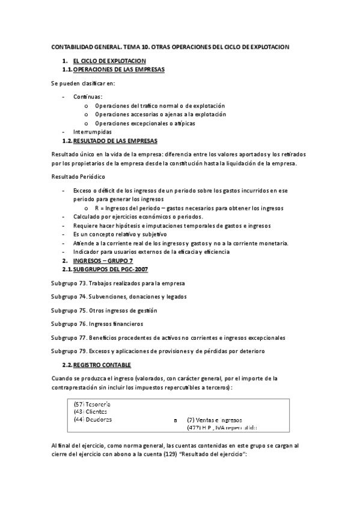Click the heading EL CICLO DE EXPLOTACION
(x=109, y=61)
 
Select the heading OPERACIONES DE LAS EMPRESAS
(x=118, y=69)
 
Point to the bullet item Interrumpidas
(x=92, y=131)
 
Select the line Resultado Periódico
(x=78, y=177)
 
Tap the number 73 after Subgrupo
(x=82, y=283)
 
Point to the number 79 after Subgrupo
(x=82, y=351)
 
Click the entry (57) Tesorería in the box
(x=92, y=405)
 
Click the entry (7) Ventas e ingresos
(x=215, y=420)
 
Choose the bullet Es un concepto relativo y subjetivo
(x=120, y=234)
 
